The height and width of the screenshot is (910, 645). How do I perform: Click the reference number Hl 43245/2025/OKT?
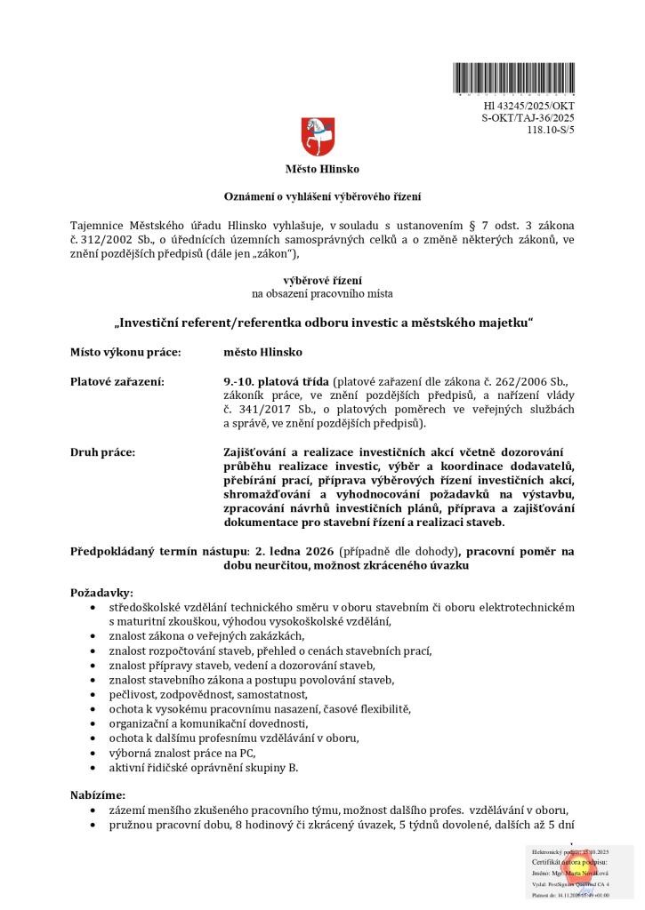pyautogui.click(x=528, y=106)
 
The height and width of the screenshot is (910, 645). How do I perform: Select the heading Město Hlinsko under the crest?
pyautogui.click(x=322, y=169)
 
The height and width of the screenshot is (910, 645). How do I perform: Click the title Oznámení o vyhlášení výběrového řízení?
pyautogui.click(x=322, y=196)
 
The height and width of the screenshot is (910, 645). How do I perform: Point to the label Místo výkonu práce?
pyautogui.click(x=125, y=352)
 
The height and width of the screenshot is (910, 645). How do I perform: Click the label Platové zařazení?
pyautogui.click(x=117, y=382)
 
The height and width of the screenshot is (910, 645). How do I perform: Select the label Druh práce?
pyautogui.click(x=102, y=452)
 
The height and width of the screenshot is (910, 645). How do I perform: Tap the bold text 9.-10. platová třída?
pyautogui.click(x=277, y=382)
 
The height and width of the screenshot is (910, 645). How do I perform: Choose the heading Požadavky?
pyautogui.click(x=102, y=592)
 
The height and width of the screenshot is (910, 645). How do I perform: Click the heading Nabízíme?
pyautogui.click(x=98, y=794)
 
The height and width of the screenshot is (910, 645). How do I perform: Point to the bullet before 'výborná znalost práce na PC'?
pyautogui.click(x=95, y=752)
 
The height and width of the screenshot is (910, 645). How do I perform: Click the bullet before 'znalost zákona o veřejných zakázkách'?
pyautogui.click(x=95, y=636)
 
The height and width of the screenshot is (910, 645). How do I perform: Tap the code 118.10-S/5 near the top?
pyautogui.click(x=551, y=129)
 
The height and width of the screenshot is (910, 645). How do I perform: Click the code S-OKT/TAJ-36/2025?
pyautogui.click(x=528, y=117)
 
